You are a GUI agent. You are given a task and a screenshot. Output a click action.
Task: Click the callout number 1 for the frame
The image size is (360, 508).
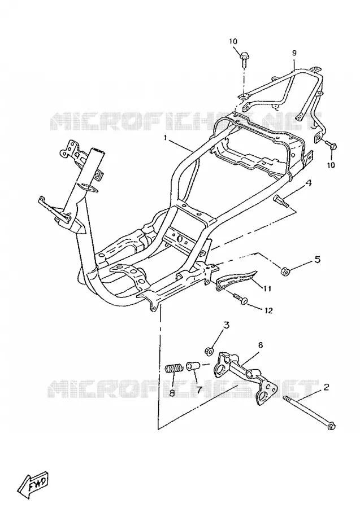pos(166,138)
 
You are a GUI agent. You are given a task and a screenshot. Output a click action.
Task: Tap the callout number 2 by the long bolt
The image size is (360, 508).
pos(326,387)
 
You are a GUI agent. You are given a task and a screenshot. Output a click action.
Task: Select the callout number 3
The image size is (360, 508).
pos(226,325)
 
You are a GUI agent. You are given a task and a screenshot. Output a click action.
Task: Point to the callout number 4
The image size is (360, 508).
pos(309,183)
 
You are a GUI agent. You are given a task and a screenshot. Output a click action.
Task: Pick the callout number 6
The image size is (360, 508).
pos(261,345)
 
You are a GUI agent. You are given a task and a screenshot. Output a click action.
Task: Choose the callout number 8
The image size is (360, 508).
pos(172,393)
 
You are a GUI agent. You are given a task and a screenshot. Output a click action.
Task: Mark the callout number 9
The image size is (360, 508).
pos(294,52)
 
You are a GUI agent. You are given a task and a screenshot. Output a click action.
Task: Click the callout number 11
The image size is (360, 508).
pos(267,288)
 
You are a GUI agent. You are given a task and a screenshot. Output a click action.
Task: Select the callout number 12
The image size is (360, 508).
pos(268,310)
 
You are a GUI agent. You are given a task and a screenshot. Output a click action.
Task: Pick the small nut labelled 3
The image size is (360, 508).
pos(209,350)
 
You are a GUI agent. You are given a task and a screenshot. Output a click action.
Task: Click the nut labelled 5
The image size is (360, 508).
pos(285,270)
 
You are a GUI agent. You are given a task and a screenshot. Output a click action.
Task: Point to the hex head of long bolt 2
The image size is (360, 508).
pos(331,426)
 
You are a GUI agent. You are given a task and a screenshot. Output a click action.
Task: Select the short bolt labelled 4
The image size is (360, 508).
pos(281,200)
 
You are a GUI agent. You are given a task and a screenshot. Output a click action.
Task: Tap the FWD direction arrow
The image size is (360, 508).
pos(33,479)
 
